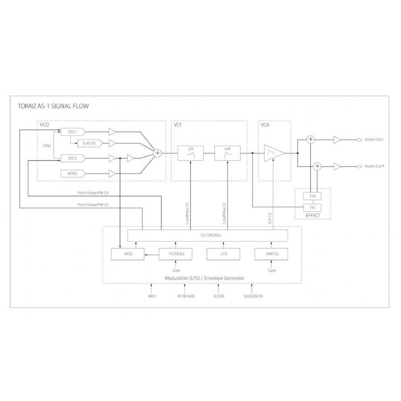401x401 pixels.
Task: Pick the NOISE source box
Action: tap(72, 173)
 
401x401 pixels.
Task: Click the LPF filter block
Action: tap(191, 153)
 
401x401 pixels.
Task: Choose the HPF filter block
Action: tap(227, 153)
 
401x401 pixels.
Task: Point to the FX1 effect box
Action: tap(312, 207)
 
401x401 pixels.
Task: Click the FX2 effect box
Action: tap(312, 196)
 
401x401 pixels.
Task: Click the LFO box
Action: tap(224, 254)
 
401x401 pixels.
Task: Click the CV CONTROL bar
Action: tap(208, 235)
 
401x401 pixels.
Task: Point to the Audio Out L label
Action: tap(374, 140)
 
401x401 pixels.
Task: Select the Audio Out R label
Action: tap(374, 166)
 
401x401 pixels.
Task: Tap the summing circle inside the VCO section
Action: tap(157, 153)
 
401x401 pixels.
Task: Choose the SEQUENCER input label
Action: tap(253, 296)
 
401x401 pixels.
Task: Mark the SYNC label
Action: tap(47, 146)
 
